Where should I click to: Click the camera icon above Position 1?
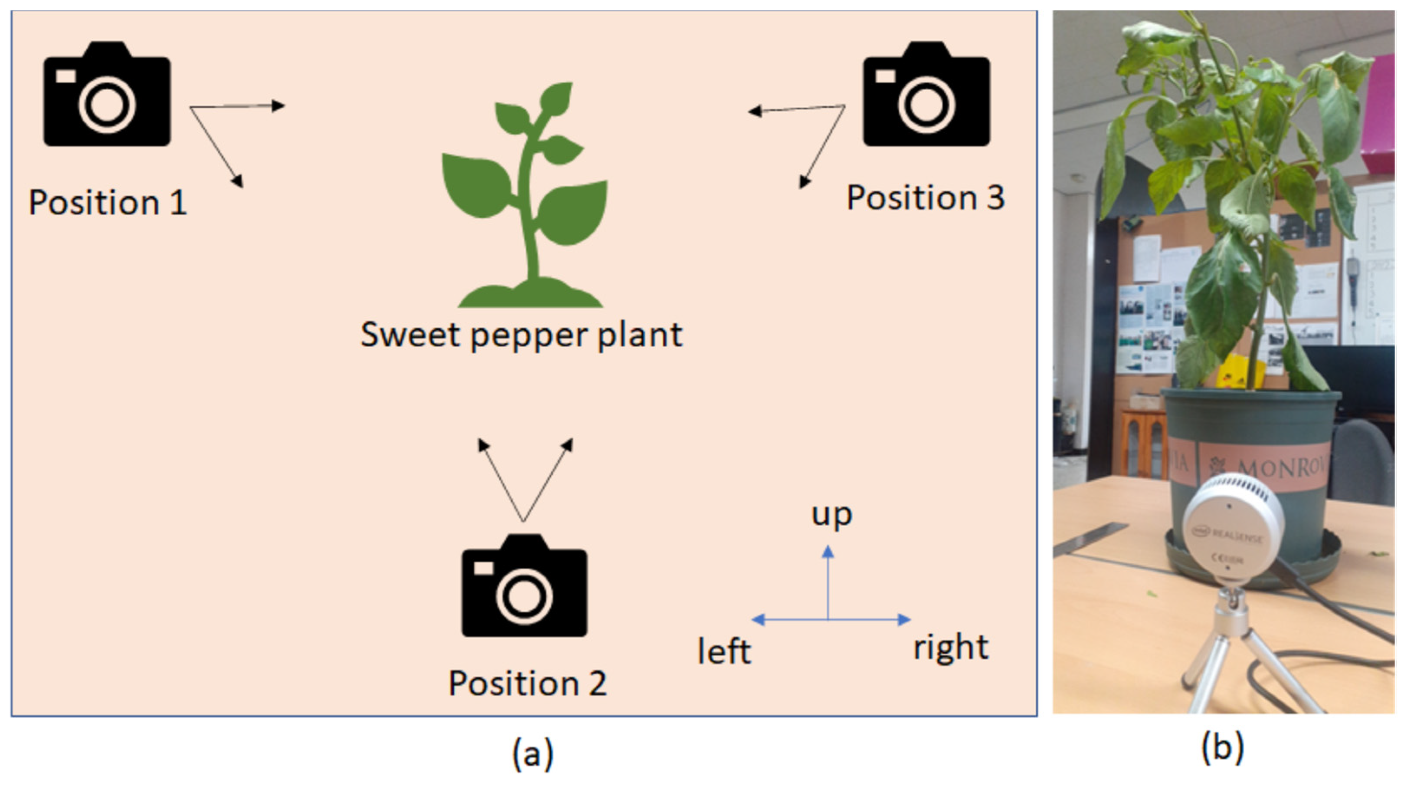[x=107, y=94]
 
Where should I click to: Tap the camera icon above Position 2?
[x=524, y=586]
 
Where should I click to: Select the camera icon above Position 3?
[x=926, y=94]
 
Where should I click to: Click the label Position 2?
[x=527, y=684]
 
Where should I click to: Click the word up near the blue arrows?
[x=831, y=514]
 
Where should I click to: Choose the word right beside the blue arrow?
[x=951, y=648]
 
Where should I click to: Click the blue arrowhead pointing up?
[x=828, y=552]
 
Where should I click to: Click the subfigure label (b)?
[x=1223, y=747]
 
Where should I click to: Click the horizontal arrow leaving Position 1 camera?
[x=237, y=106]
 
